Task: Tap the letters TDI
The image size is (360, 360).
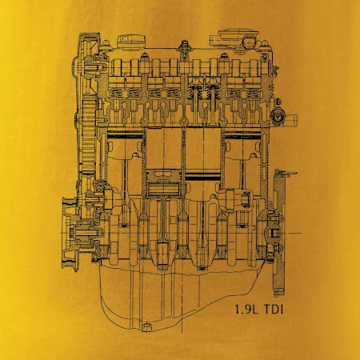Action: pyautogui.click(x=273, y=310)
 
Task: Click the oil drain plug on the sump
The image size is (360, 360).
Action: pyautogui.click(x=147, y=327)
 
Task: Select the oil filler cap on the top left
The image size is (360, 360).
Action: pyautogui.click(x=132, y=42)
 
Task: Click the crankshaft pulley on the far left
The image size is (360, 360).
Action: pyautogui.click(x=70, y=234)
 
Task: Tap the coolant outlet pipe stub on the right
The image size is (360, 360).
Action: pyautogui.click(x=290, y=118)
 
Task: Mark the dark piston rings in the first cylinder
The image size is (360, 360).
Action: pyautogui.click(x=125, y=135)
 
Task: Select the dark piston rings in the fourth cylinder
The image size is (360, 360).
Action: pyautogui.click(x=242, y=135)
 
